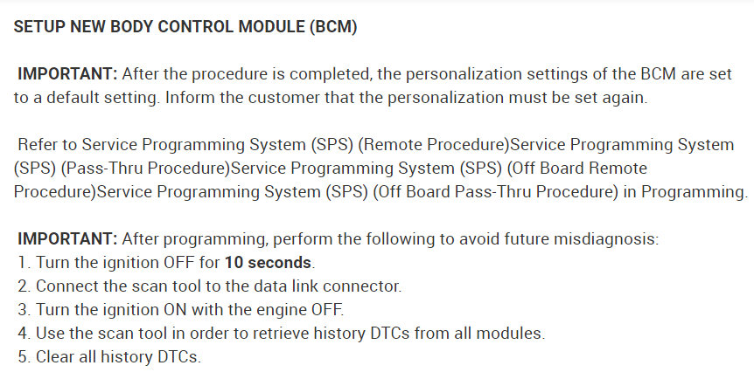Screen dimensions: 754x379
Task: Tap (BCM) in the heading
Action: [333, 26]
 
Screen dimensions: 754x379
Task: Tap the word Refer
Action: [38, 145]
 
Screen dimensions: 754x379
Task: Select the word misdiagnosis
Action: [606, 238]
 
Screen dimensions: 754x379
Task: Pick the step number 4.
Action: [24, 333]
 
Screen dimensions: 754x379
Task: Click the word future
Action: [526, 238]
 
